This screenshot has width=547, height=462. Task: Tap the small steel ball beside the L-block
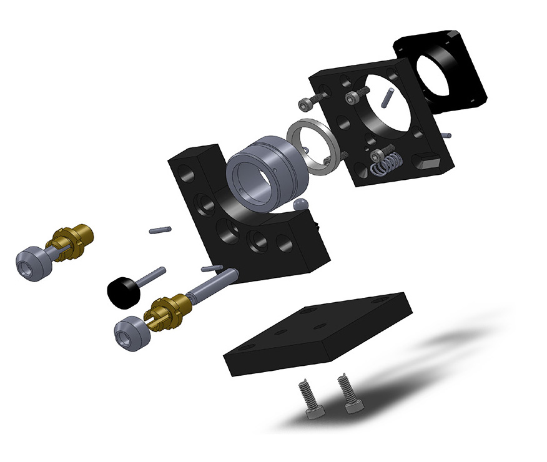tap(300, 205)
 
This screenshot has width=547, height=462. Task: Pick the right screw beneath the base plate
tap(349, 393)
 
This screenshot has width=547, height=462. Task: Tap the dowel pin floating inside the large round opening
tap(387, 97)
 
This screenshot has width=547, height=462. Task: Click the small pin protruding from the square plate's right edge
tap(445, 134)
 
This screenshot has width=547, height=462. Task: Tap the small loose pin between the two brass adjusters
tap(160, 230)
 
